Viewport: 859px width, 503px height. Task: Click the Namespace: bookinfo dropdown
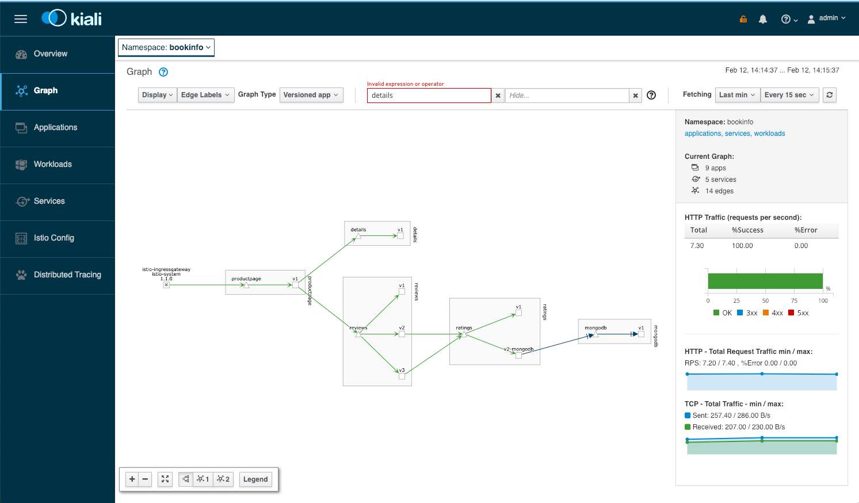166,48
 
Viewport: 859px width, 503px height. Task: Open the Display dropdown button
157,95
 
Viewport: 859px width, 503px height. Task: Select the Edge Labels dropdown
205,95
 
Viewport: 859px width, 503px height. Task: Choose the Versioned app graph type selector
311,95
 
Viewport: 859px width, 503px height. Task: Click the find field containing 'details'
429,96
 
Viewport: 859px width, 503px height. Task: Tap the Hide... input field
567,96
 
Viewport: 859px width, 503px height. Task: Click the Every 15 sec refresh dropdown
789,95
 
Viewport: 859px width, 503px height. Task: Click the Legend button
255,479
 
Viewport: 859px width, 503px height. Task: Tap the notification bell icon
763,19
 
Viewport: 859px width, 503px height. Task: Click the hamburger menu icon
21,19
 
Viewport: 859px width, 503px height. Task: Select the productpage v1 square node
295,285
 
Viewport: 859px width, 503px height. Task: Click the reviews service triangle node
358,334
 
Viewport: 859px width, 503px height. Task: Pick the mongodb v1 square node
641,334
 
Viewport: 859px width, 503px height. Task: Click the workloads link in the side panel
769,134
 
